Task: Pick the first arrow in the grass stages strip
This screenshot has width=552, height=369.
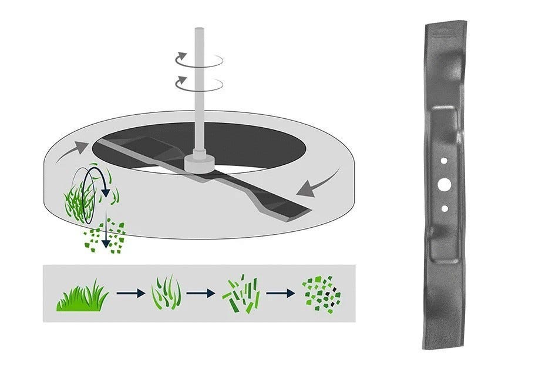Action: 130,293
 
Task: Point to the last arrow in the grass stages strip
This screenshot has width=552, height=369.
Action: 281,293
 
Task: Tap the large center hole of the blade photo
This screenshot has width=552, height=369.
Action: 444,185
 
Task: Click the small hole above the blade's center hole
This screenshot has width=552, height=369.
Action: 444,161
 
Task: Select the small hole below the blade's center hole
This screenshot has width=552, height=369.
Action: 445,208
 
